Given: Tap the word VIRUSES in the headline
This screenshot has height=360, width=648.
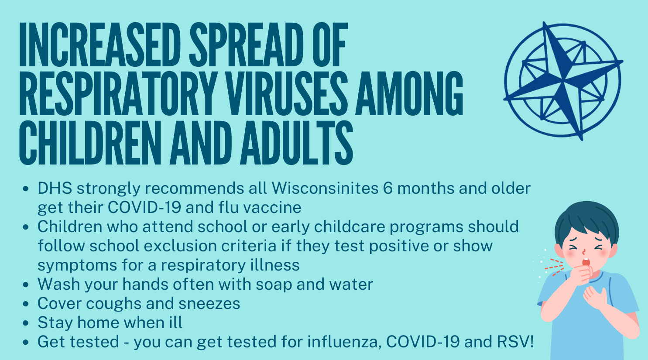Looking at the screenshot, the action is point(287,93).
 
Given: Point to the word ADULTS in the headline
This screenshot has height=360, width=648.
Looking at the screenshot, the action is point(296,142).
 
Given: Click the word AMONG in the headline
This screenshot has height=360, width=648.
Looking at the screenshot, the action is point(409,93).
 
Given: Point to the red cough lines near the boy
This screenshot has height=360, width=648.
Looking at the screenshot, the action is point(554,267).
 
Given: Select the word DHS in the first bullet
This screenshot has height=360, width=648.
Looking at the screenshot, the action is point(55,188).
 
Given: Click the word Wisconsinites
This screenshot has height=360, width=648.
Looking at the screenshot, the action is point(325,188).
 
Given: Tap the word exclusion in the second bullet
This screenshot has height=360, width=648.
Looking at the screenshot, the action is point(180,246).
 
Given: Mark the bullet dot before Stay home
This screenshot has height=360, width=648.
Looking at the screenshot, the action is point(26,323).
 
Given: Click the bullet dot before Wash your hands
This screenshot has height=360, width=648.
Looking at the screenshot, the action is point(26,285).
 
